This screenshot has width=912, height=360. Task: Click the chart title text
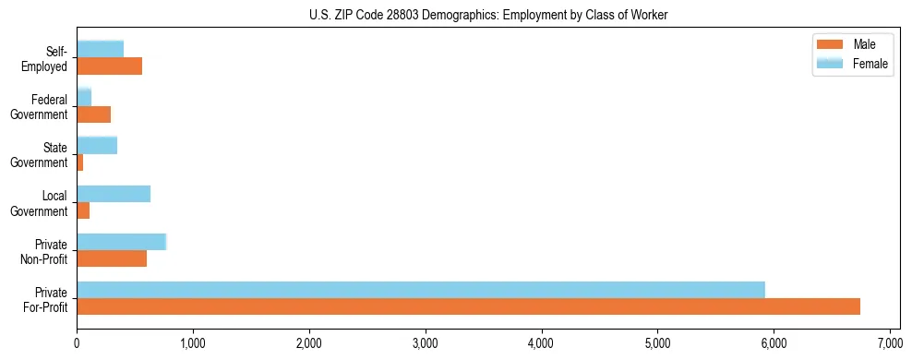point(455,16)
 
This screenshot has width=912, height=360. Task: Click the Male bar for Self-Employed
point(109,66)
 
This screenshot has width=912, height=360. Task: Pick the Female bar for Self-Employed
point(100,49)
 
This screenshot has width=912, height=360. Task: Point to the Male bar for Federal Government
point(93,114)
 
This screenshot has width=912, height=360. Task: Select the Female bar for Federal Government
point(84,97)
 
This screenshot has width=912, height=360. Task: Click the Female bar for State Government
point(97,145)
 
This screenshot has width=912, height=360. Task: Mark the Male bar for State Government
point(80,162)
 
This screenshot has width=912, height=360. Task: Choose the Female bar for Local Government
point(114,193)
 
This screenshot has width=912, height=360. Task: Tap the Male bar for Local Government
point(83,210)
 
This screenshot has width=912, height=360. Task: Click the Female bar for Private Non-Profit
point(121,241)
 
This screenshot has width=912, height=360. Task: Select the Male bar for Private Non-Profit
point(112,258)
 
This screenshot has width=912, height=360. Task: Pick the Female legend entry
point(855,63)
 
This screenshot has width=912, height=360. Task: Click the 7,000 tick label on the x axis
point(889,344)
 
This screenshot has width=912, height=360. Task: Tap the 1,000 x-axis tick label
point(193,344)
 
